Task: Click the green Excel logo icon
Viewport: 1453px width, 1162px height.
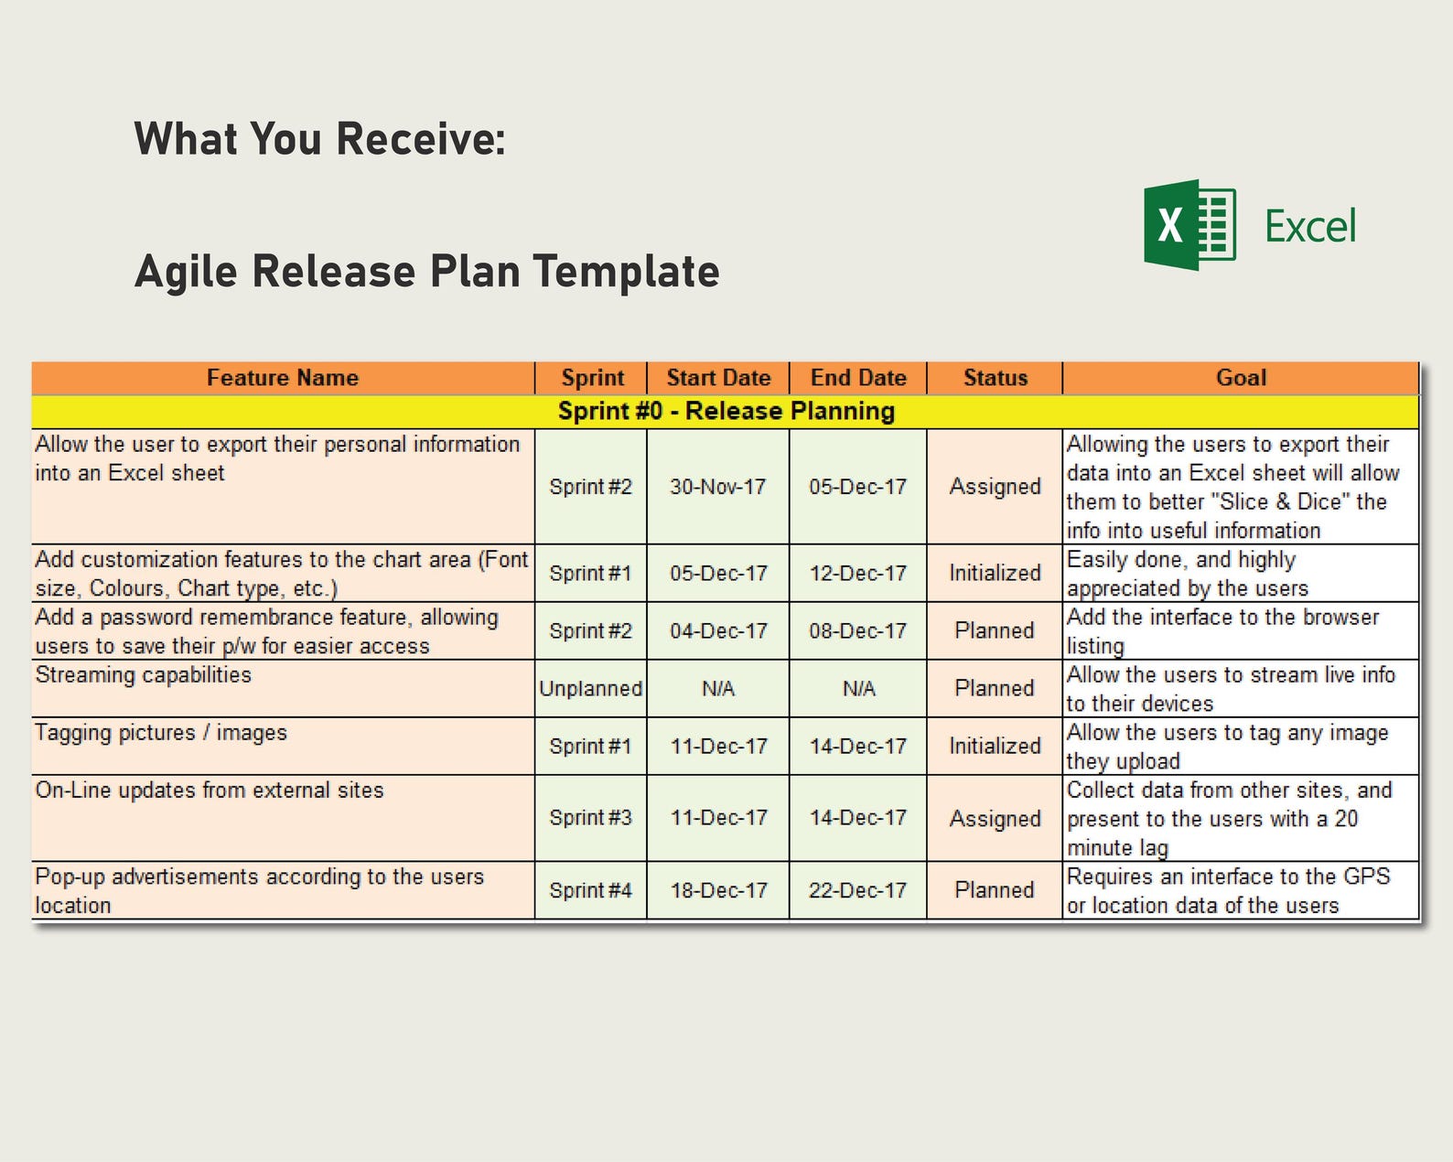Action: pyautogui.click(x=1189, y=225)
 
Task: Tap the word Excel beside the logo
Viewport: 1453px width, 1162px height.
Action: pyautogui.click(x=1310, y=227)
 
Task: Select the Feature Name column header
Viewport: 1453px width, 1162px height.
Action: pyautogui.click(x=282, y=378)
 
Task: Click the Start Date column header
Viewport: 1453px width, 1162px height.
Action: pyautogui.click(x=718, y=378)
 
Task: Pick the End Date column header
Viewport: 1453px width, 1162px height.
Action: pyautogui.click(x=858, y=378)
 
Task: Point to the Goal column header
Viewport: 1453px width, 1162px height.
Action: pyautogui.click(x=1241, y=378)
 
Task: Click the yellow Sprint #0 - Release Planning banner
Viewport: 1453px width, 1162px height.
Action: pyautogui.click(x=726, y=412)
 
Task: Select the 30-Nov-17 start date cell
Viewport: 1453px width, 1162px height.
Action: pyautogui.click(x=718, y=487)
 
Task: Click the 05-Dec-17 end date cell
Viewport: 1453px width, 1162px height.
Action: pyautogui.click(x=858, y=487)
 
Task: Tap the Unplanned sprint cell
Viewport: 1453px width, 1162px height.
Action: pyautogui.click(x=591, y=689)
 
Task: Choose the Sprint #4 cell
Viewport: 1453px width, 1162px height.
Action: pyautogui.click(x=591, y=890)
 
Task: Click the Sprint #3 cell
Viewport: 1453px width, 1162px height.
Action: pyautogui.click(x=591, y=818)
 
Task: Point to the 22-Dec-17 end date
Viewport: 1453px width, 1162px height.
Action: pyautogui.click(x=858, y=890)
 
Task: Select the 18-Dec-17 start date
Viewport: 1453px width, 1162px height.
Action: pyautogui.click(x=718, y=890)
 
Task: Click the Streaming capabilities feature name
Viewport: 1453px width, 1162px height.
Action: pyautogui.click(x=144, y=675)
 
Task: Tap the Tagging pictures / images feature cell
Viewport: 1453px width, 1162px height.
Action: pyautogui.click(x=161, y=733)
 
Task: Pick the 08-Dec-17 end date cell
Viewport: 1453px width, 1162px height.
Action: pyautogui.click(x=858, y=631)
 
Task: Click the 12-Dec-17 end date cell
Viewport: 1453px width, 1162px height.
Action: pyautogui.click(x=858, y=574)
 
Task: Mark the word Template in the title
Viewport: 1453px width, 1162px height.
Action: pyautogui.click(x=627, y=272)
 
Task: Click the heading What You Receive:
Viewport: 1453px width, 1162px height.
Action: pyautogui.click(x=319, y=139)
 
